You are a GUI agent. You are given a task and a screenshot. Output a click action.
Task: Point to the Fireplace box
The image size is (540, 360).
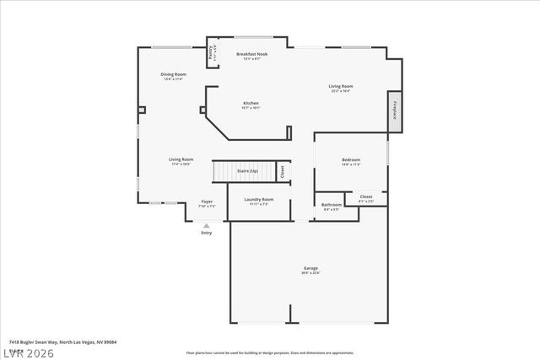pyautogui.click(x=394, y=112)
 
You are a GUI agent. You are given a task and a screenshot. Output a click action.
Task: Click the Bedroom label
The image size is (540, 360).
pyautogui.click(x=351, y=161)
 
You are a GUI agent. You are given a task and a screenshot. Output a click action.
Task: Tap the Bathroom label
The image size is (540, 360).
pyautogui.click(x=332, y=206)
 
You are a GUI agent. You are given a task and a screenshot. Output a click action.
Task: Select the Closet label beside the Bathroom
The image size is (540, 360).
pyautogui.click(x=365, y=198)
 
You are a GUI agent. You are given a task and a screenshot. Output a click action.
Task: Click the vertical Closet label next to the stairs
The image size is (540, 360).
pyautogui.click(x=282, y=170)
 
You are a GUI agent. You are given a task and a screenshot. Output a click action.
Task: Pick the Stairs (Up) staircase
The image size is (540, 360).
pyautogui.click(x=245, y=171)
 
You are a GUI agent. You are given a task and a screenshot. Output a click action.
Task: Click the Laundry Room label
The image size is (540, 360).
pyautogui.click(x=258, y=201)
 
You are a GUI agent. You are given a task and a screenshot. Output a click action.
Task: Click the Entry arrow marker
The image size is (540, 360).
pyautogui.click(x=206, y=225)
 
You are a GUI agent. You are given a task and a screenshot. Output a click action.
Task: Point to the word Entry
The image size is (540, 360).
pyautogui.click(x=206, y=233)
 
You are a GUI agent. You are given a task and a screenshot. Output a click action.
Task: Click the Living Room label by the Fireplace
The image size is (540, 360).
pyautogui.click(x=340, y=87)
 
